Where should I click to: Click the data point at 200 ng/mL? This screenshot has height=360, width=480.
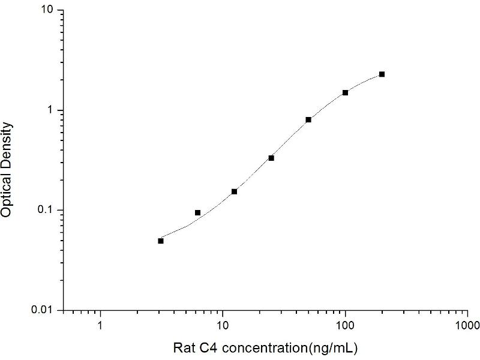[382, 74]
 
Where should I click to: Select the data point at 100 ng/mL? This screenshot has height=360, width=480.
[345, 92]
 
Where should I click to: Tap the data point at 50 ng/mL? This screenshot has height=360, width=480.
[308, 119]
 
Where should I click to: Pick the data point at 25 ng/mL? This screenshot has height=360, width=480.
[271, 158]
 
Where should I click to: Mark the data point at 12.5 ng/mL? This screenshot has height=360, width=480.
[235, 191]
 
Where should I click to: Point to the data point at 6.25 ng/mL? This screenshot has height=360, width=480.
[197, 212]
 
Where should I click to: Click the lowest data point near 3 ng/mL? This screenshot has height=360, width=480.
[161, 241]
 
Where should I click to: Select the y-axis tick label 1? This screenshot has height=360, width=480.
[52, 110]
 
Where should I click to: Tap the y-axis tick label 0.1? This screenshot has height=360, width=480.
[47, 210]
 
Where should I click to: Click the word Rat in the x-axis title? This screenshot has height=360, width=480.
[183, 348]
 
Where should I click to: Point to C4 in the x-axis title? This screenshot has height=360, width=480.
[205, 348]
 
